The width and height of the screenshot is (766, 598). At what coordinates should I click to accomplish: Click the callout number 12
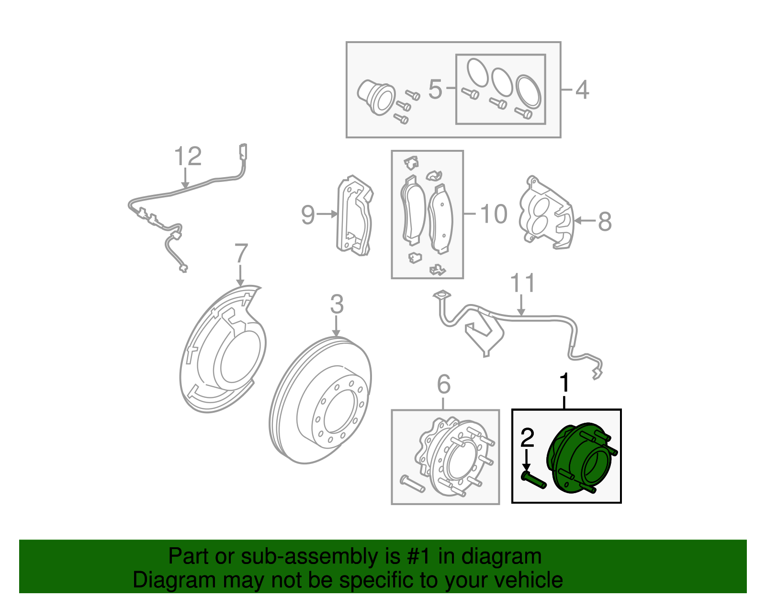188,156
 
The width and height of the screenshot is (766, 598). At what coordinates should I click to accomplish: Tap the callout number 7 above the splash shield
241,253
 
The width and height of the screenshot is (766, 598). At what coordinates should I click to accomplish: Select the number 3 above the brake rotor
337,305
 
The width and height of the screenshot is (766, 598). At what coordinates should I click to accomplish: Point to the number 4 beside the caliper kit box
581,90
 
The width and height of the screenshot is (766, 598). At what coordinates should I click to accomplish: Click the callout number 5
435,90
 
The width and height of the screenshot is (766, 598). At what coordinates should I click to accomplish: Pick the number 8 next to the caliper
605,221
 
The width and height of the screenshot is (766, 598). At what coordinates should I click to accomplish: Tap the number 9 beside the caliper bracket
308,214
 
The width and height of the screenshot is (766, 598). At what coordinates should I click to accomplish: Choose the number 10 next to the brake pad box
493,214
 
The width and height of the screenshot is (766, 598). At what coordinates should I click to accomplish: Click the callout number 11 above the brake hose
522,283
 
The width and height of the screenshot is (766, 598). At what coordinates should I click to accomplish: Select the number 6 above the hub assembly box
444,384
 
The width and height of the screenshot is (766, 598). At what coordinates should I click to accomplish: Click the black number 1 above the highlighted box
565,383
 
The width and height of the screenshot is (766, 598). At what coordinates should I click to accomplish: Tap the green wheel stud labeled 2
534,481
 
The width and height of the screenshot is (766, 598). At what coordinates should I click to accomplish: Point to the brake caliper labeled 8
546,213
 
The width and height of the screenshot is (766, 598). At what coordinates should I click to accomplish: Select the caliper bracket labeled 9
354,215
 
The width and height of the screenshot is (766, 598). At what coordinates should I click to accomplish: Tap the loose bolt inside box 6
411,484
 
